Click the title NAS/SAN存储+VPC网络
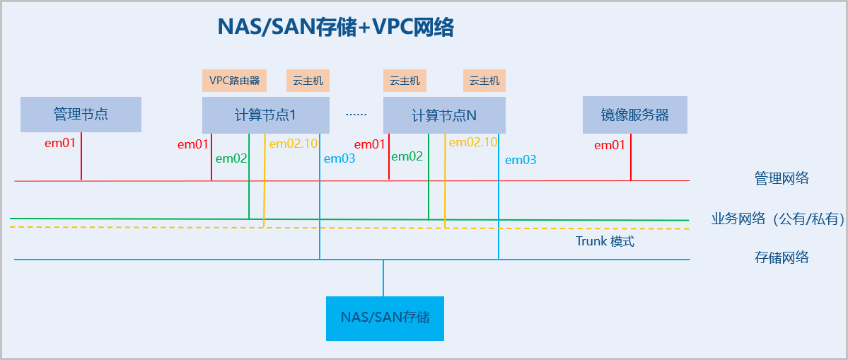tap(335, 28)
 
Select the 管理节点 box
tap(81, 115)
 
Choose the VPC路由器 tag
tap(234, 81)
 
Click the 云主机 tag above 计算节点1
tap(308, 81)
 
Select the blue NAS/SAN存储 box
tap(385, 318)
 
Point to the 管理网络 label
tap(782, 179)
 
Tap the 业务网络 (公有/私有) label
tap(778, 219)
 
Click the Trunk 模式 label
tap(605, 241)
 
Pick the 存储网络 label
tap(782, 257)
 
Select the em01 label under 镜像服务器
tap(610, 145)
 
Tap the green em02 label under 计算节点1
tap(231, 158)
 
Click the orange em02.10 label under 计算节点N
tap(472, 142)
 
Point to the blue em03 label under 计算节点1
tap(339, 158)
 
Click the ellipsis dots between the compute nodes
tap(356, 114)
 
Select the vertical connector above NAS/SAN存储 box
tap(383, 278)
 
